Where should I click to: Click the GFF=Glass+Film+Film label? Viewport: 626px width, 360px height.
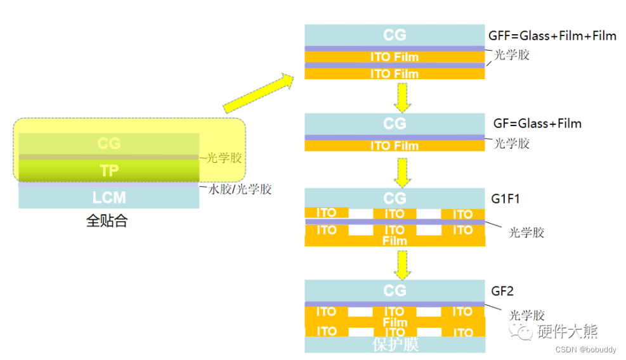pyautogui.click(x=552, y=35)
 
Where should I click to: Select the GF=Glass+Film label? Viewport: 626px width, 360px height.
pyautogui.click(x=537, y=123)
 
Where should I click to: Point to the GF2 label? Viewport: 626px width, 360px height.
pyautogui.click(x=502, y=291)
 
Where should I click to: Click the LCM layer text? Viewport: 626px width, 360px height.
pyautogui.click(x=109, y=198)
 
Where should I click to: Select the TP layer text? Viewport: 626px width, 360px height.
pyautogui.click(x=109, y=170)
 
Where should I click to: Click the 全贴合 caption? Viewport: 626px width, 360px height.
pyautogui.click(x=107, y=222)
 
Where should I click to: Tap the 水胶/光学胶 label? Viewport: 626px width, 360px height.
pyautogui.click(x=240, y=189)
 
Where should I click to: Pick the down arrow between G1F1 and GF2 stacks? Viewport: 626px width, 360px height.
pyautogui.click(x=401, y=264)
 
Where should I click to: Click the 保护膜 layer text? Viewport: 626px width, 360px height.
pyautogui.click(x=395, y=345)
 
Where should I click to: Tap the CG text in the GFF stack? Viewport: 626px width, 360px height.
pyautogui.click(x=395, y=34)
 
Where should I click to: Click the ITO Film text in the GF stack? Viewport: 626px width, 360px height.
pyautogui.click(x=395, y=146)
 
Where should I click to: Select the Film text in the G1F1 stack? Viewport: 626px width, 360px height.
pyautogui.click(x=395, y=241)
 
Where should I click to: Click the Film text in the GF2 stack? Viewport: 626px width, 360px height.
pyautogui.click(x=395, y=322)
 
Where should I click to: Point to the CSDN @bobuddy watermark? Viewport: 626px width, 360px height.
pyautogui.click(x=582, y=350)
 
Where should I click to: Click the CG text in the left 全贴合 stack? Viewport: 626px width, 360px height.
pyautogui.click(x=109, y=143)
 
